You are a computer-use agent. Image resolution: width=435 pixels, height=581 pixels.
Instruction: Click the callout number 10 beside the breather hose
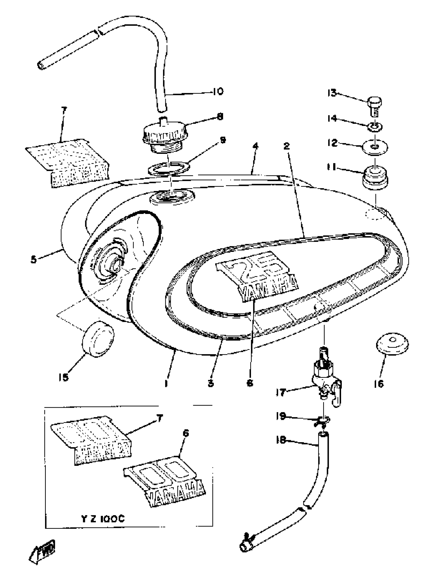[218, 91]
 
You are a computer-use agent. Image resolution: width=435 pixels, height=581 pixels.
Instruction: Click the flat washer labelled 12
[375, 147]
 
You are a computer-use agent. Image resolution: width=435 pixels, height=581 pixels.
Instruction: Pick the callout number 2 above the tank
[286, 146]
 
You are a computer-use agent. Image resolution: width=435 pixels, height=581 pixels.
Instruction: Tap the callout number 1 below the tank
[166, 384]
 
